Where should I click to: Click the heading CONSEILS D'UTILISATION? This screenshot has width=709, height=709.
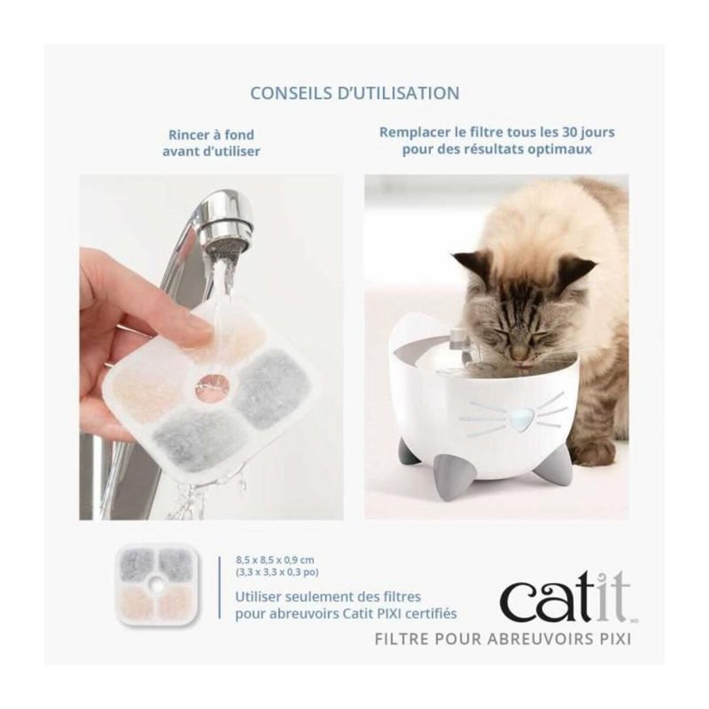[354, 93]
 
